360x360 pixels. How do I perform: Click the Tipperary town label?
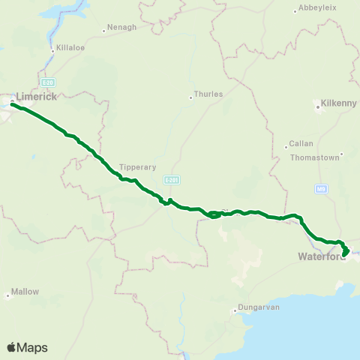click(136, 166)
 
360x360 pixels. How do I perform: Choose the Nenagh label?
click(122, 27)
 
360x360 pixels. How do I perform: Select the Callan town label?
click(303, 143)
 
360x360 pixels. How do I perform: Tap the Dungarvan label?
click(258, 307)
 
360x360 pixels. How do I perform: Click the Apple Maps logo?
click(27, 347)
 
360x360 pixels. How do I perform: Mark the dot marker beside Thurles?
click(190, 95)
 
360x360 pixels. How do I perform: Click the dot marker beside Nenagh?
click(104, 31)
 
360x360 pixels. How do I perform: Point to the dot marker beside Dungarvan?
click(232, 307)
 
